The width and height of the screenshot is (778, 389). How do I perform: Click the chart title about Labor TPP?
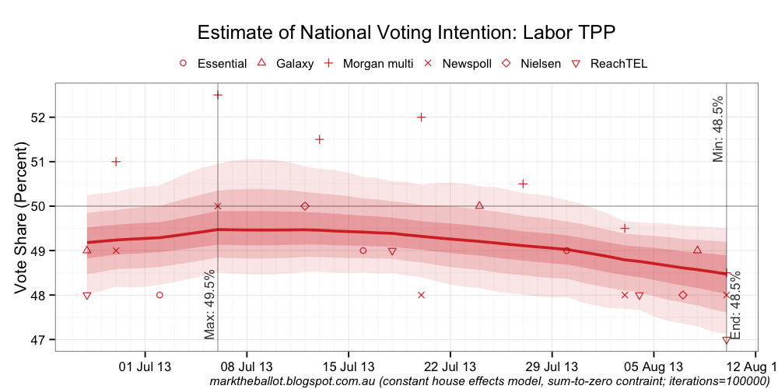tap(406, 33)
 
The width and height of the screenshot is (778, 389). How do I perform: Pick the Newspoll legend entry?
tap(467, 64)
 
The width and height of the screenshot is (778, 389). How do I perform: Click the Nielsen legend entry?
tap(544, 64)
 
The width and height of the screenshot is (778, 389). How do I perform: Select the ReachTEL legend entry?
tap(619, 64)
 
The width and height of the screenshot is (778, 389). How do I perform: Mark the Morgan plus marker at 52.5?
tap(218, 95)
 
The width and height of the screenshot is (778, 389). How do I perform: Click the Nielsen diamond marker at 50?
tap(305, 206)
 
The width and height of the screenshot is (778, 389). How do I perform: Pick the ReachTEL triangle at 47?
tap(726, 340)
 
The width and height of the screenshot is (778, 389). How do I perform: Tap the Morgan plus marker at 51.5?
tap(319, 139)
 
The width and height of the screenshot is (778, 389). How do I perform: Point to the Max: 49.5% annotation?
tap(209, 304)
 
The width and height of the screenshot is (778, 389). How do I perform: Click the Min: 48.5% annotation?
tap(718, 129)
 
